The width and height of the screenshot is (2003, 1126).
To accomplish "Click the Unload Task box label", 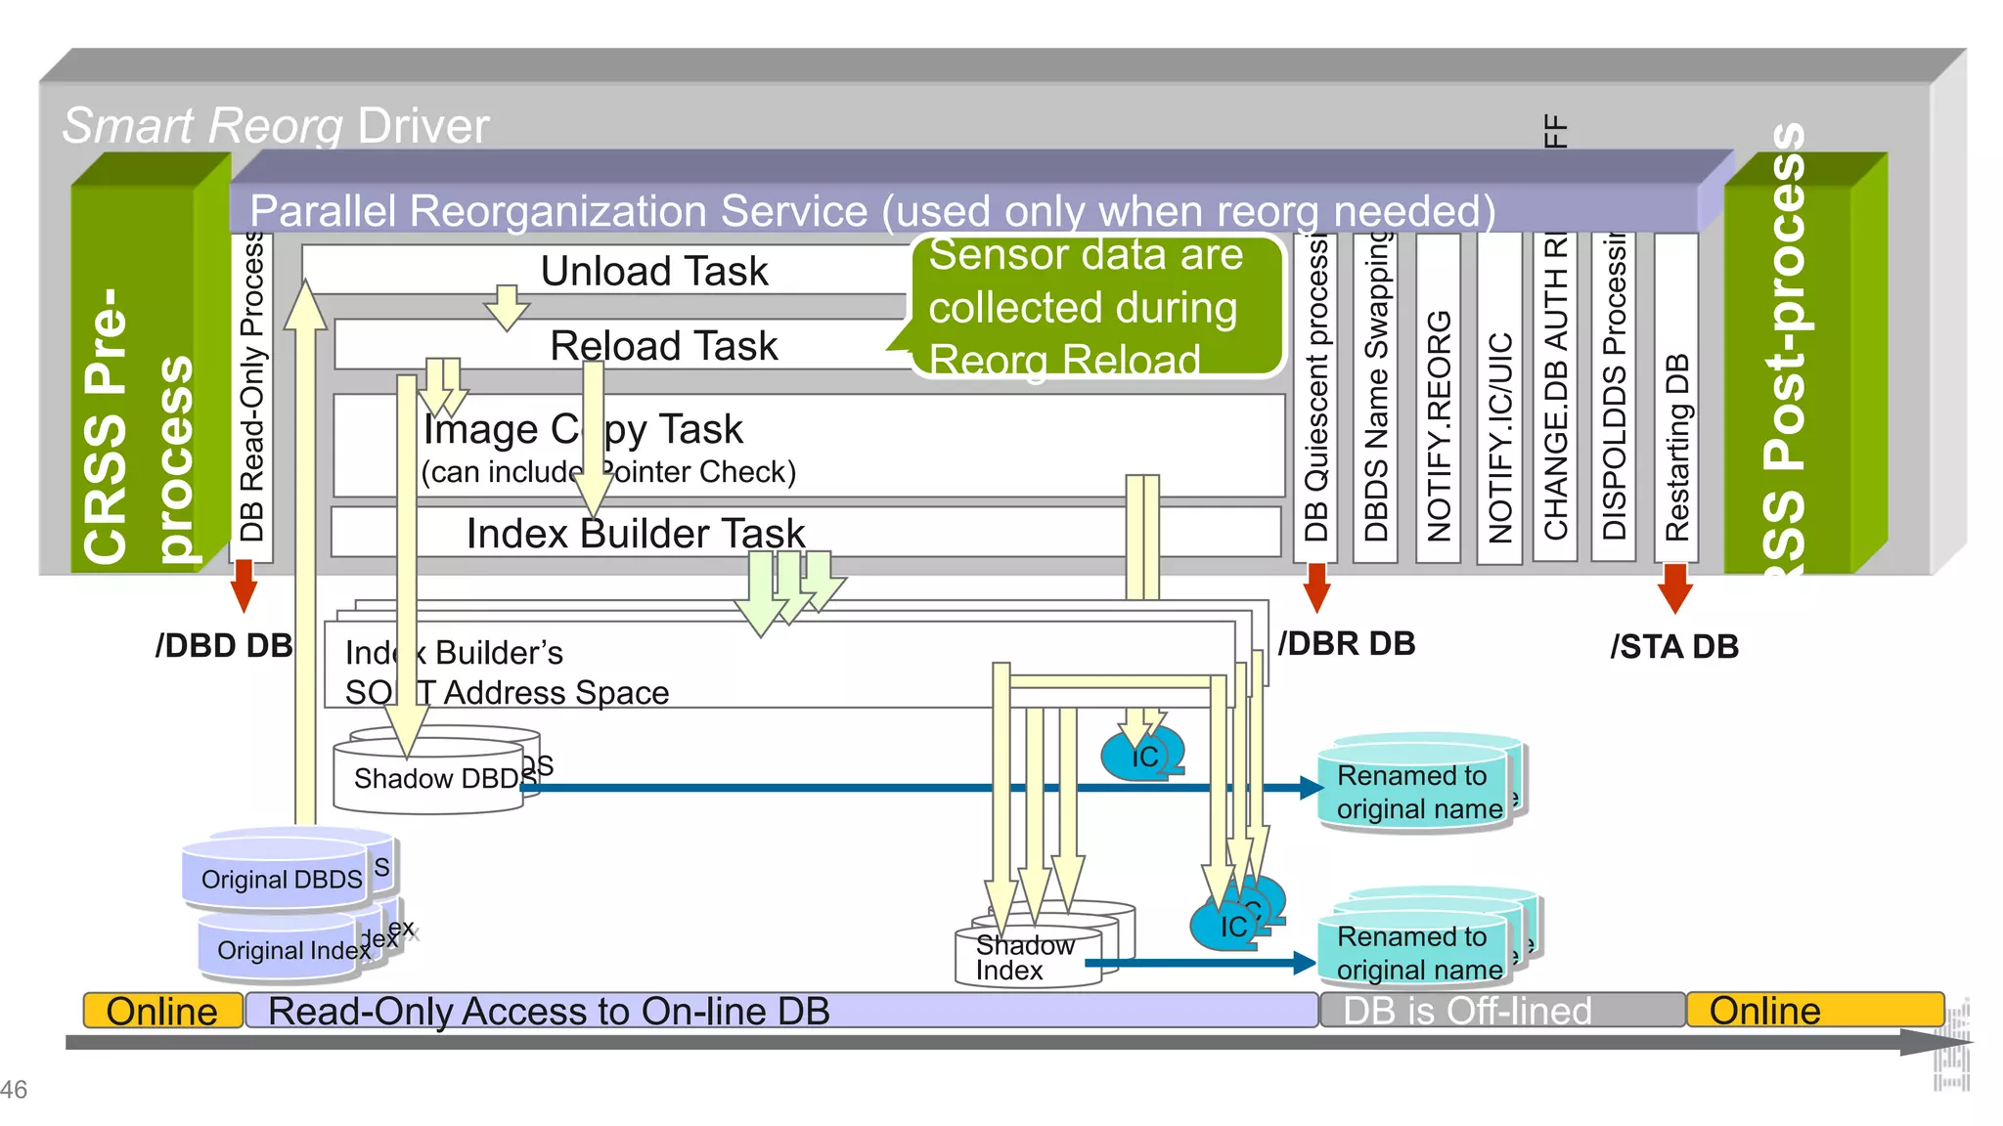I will [653, 271].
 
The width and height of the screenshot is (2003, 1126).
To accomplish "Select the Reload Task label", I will [663, 346].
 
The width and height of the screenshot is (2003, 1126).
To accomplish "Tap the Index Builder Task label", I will [635, 534].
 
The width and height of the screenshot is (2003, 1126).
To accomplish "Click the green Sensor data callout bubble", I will [1095, 306].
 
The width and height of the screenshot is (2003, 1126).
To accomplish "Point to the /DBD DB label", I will [223, 646].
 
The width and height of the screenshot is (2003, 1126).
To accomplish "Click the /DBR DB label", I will [1346, 644].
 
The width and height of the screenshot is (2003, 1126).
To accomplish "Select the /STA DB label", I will [1673, 647].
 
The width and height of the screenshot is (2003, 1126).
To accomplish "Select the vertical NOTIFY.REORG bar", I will [1438, 399].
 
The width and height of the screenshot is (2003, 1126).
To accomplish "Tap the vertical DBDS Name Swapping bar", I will [1376, 399].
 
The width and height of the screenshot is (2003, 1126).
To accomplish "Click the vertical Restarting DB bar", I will [1676, 399].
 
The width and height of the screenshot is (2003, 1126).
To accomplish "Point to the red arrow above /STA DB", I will [1675, 586].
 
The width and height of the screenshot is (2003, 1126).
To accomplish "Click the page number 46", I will [14, 1089].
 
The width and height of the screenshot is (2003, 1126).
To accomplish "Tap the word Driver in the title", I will [423, 126].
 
